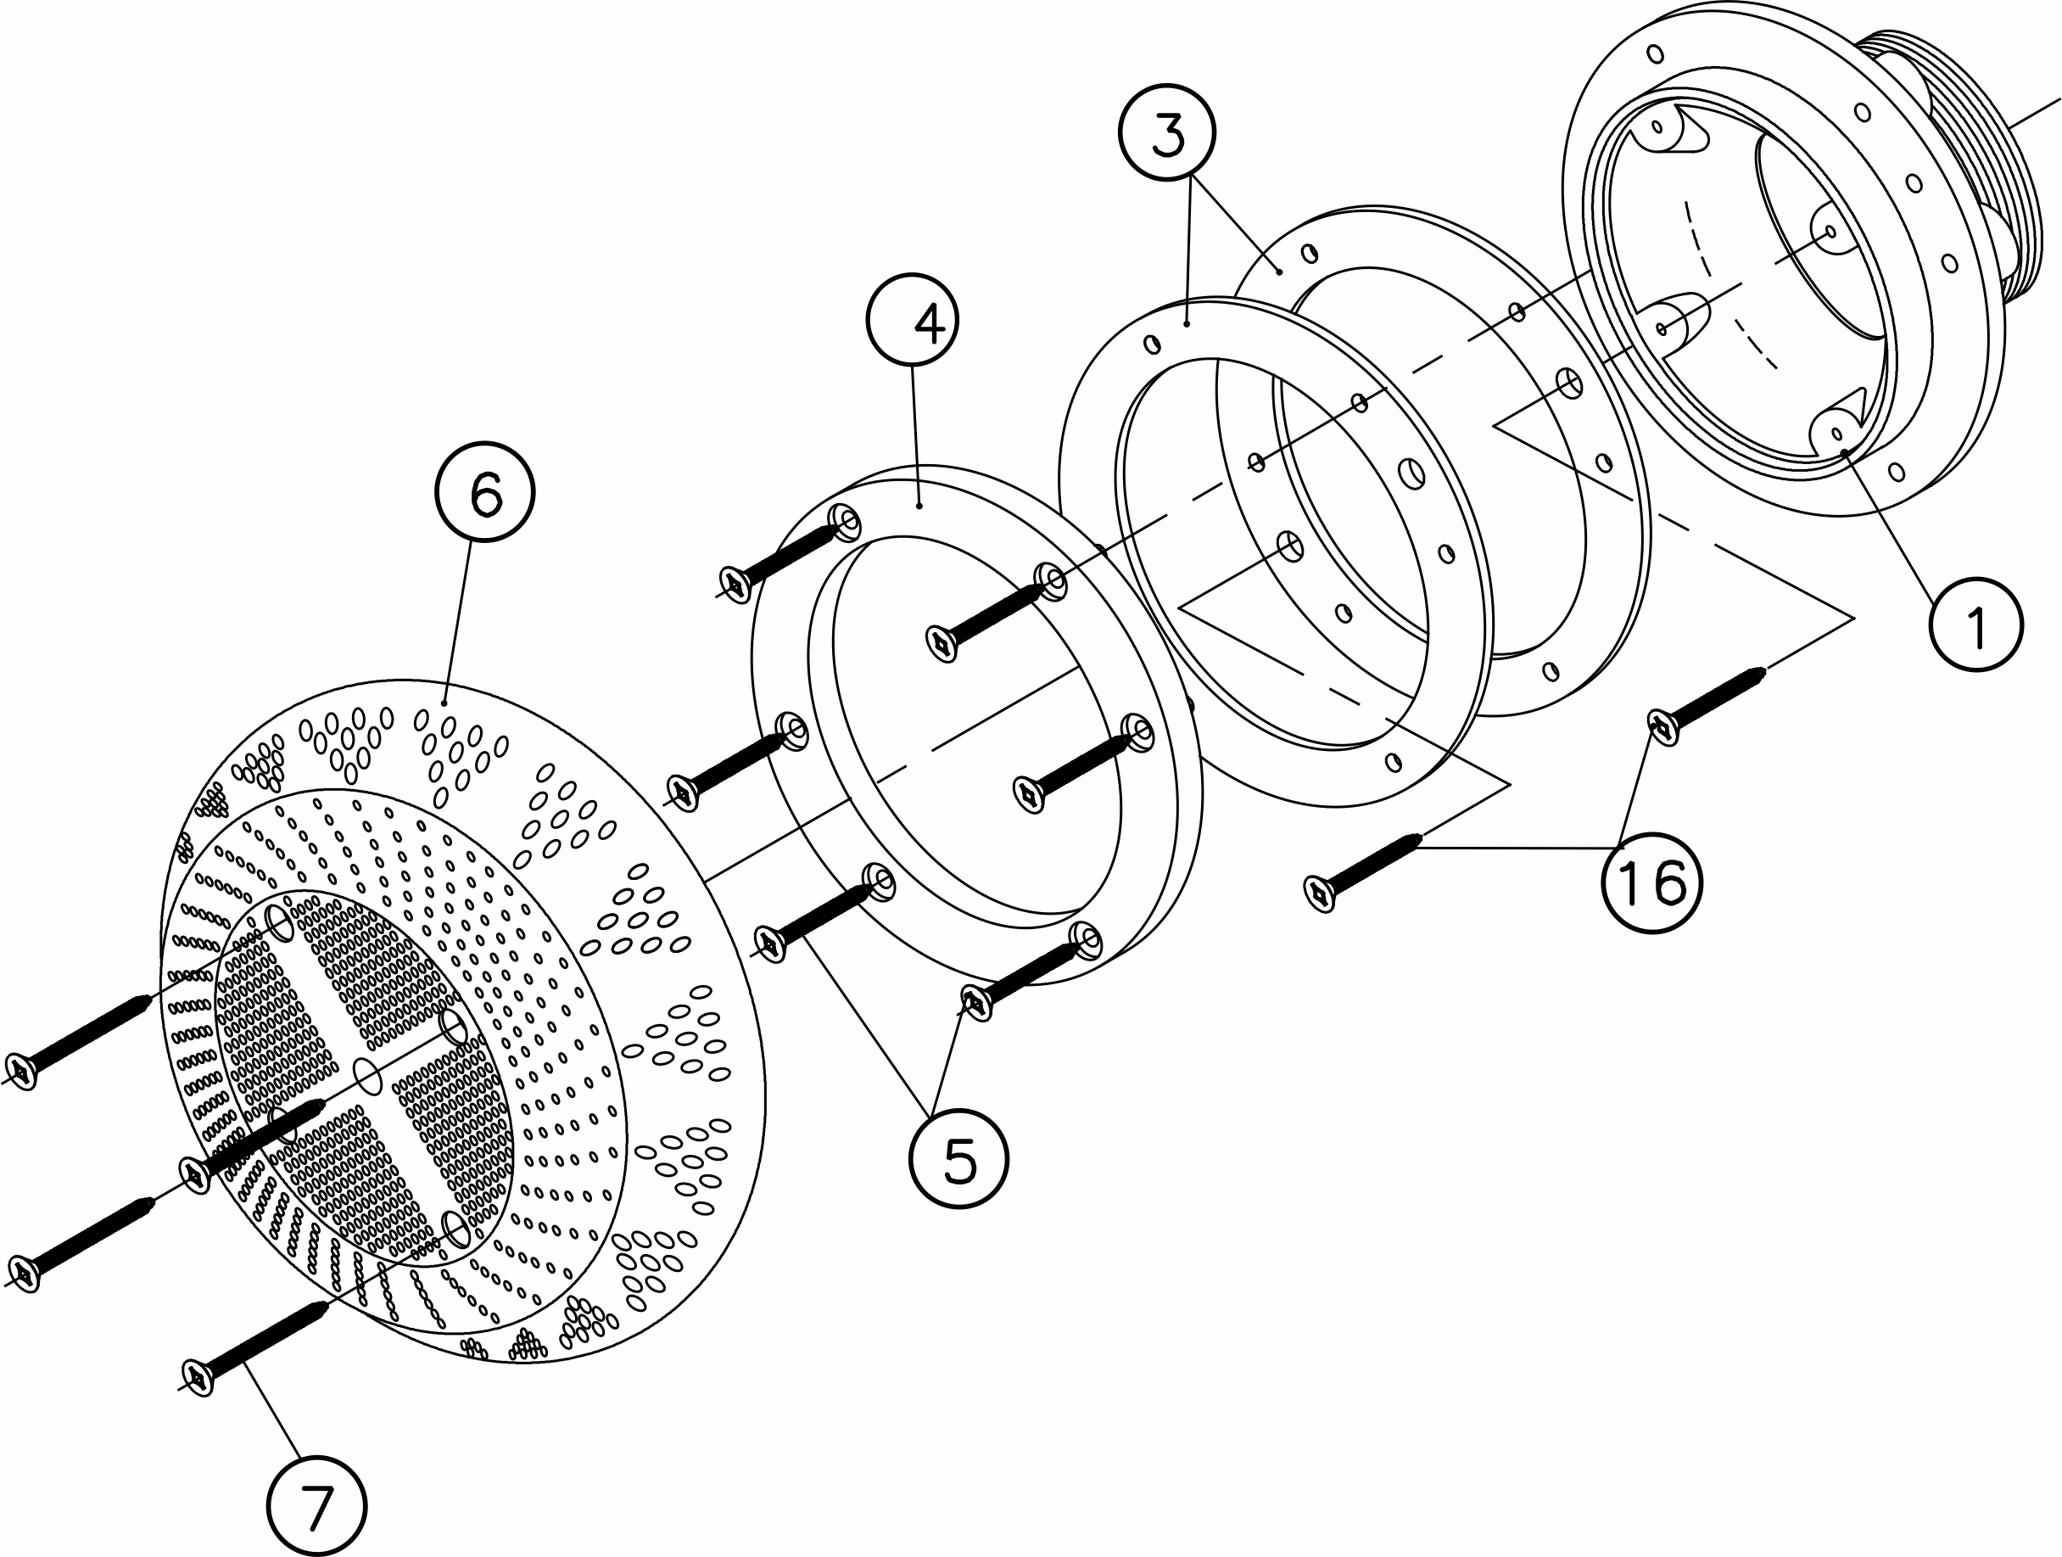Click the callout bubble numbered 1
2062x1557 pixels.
tap(1975, 624)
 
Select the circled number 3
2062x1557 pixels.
tap(1167, 132)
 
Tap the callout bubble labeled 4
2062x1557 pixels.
tap(913, 320)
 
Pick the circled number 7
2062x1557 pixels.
tap(317, 1507)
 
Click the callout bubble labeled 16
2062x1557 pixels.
tap(1651, 881)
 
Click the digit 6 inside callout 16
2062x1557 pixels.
tap(1669, 881)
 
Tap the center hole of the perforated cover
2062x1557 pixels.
tap(368, 1077)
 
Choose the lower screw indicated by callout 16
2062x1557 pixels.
tap(1366, 866)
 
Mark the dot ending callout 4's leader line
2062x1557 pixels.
tap(920, 507)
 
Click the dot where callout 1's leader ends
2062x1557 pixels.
tap(1845, 452)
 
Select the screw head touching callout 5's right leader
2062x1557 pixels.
tap(975, 1002)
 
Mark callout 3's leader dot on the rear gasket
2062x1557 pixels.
tap(1281, 271)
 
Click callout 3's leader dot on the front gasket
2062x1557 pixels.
tap(1187, 323)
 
